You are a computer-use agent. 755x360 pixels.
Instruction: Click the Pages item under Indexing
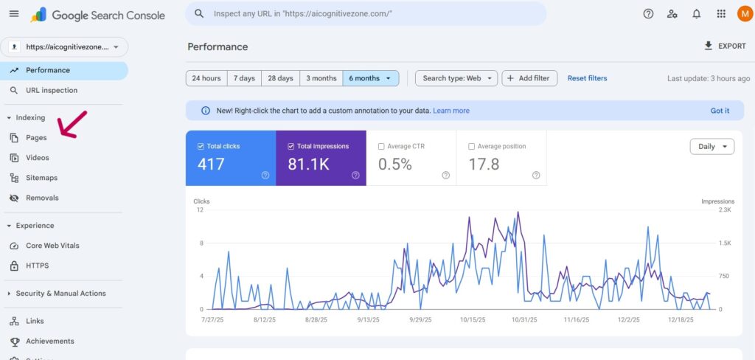tap(35, 138)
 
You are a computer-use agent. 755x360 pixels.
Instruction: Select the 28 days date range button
tap(280, 78)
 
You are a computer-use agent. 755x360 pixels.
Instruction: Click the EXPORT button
tap(725, 46)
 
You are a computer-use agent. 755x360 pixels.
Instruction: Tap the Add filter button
tap(529, 78)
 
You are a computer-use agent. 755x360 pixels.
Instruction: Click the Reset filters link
tap(587, 78)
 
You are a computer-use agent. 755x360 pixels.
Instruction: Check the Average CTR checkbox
tap(381, 147)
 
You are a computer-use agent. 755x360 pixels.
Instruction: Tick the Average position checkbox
tap(472, 147)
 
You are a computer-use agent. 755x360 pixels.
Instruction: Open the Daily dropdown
tap(711, 147)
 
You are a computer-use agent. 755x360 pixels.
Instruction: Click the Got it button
tap(720, 111)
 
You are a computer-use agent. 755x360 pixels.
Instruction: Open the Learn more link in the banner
tap(451, 111)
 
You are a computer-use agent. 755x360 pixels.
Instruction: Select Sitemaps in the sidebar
tap(41, 178)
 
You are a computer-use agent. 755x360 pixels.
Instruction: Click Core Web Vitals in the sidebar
tap(52, 246)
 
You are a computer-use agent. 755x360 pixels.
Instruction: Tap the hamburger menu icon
tap(14, 14)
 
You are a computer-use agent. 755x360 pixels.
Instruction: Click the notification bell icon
tap(696, 14)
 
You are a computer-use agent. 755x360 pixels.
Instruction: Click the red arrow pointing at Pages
tap(72, 124)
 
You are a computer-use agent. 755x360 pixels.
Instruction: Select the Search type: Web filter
tap(456, 78)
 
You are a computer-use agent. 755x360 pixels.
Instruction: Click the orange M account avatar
tap(744, 14)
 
